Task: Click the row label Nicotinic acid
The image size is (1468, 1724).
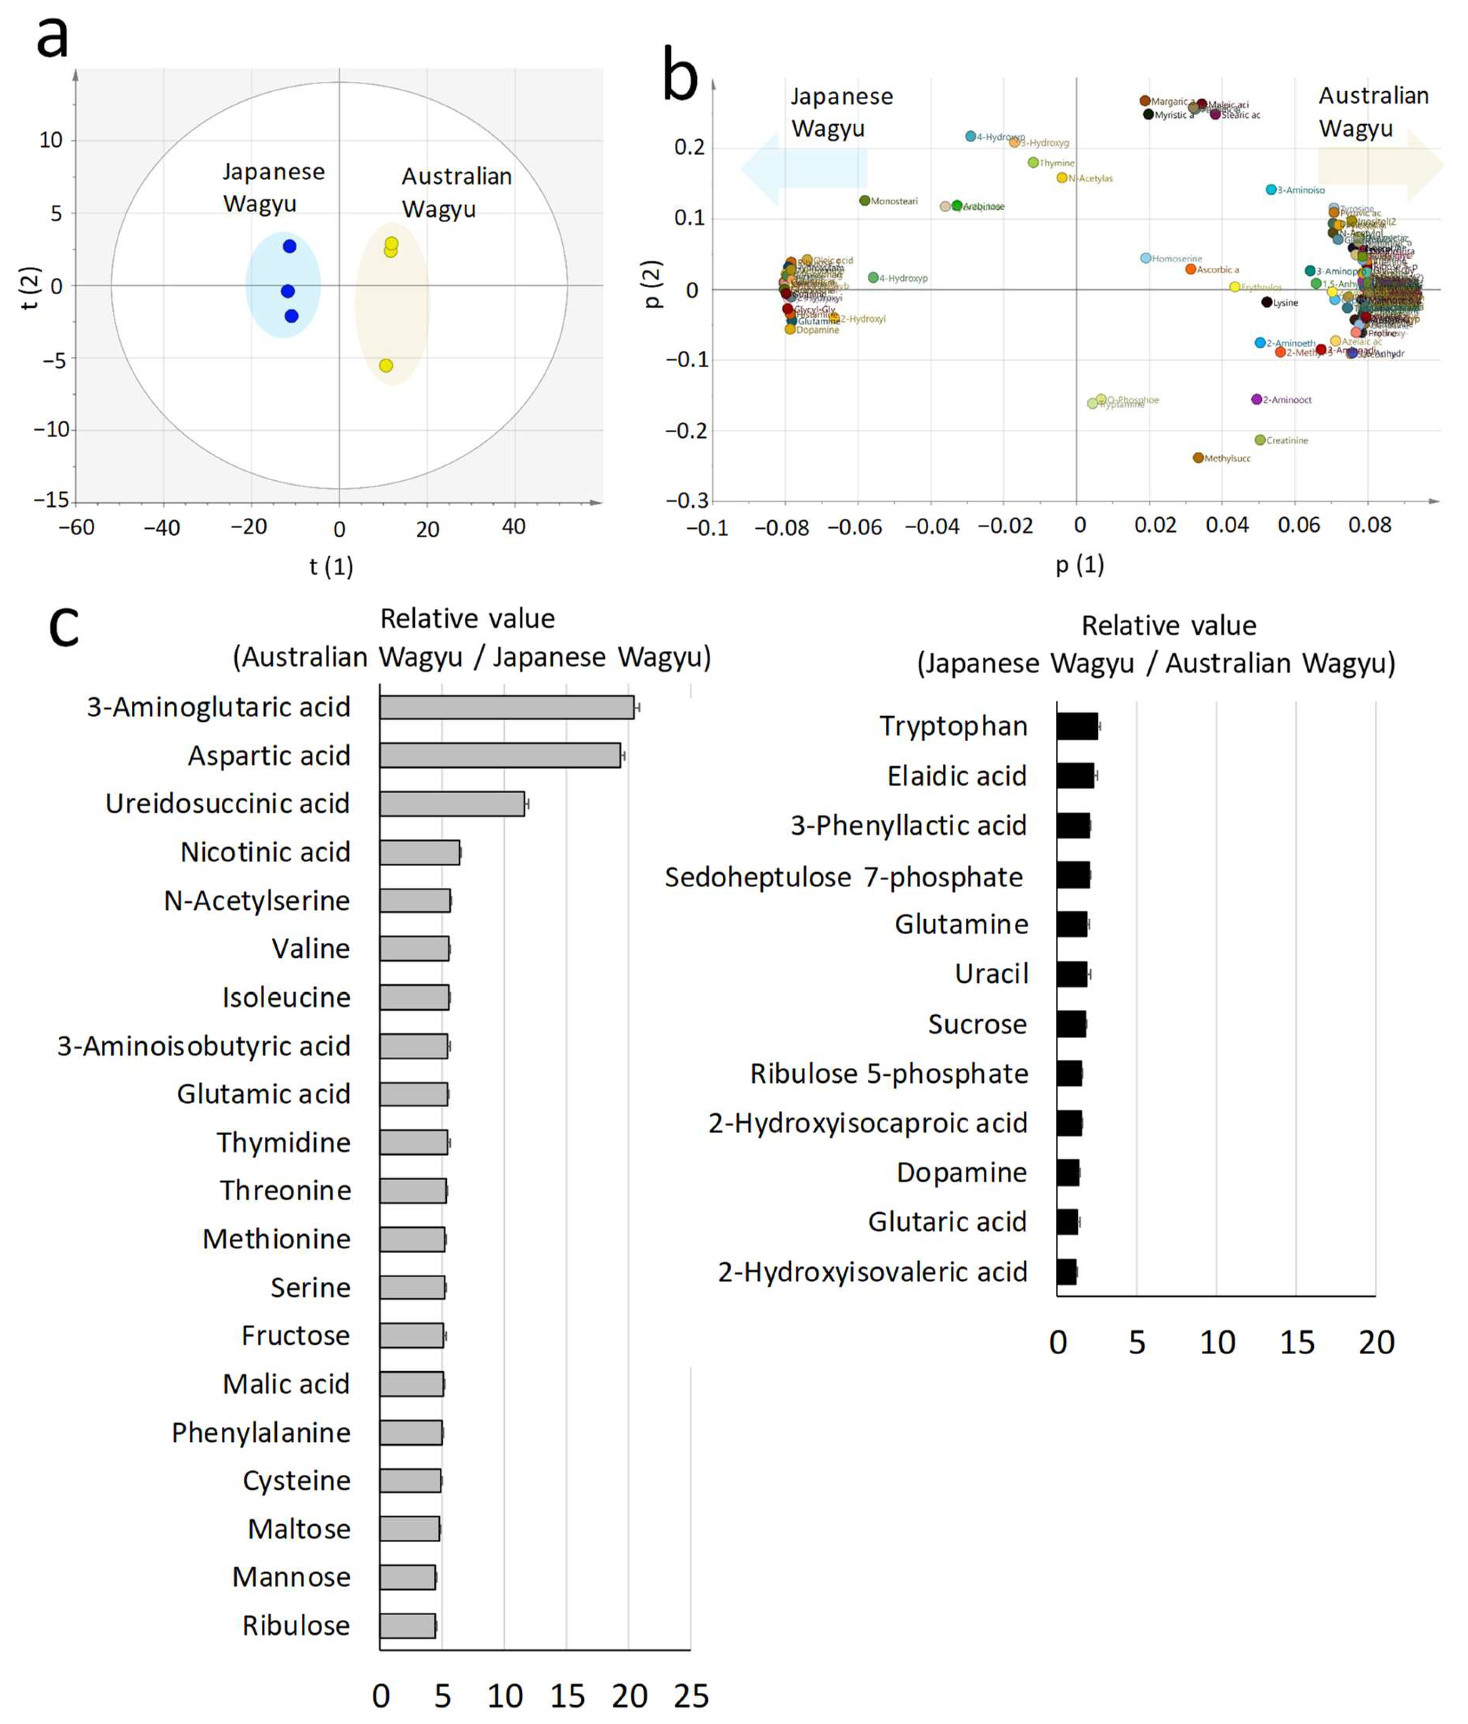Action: tap(266, 852)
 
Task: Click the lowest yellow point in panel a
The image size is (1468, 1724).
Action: tap(386, 365)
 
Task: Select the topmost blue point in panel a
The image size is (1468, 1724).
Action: tap(289, 246)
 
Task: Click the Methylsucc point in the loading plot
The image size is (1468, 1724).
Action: tap(1198, 458)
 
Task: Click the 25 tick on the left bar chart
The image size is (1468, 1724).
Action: tap(691, 1696)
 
